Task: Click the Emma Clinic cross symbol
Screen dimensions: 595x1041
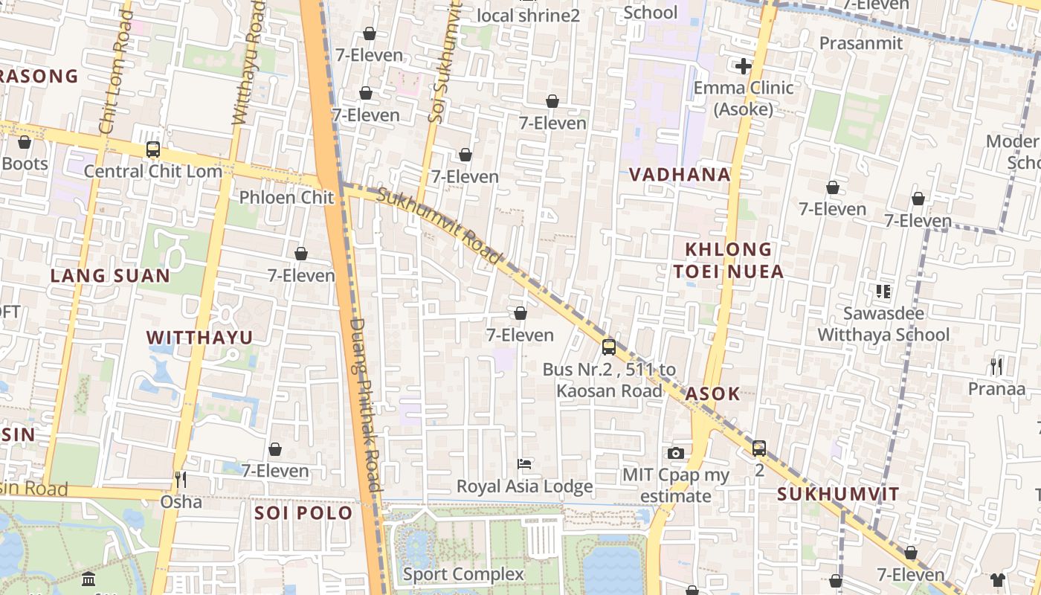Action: click(743, 66)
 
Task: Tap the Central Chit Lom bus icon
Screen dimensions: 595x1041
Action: click(153, 149)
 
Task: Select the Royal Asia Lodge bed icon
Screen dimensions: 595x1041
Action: click(524, 465)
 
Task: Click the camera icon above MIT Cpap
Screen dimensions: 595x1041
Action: click(676, 453)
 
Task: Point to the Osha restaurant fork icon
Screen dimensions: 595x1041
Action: click(179, 480)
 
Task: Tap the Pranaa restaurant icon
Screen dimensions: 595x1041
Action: click(996, 367)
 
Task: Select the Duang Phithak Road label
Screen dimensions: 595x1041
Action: click(365, 405)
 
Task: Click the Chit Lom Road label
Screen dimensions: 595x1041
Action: click(115, 74)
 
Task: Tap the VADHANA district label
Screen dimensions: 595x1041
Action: click(680, 175)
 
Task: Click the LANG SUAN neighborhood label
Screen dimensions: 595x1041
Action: click(110, 276)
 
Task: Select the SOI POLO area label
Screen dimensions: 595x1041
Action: click(303, 513)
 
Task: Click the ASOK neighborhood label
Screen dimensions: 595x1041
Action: click(712, 393)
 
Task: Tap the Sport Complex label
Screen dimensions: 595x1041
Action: click(463, 574)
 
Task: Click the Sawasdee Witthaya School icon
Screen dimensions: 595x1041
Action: click(883, 292)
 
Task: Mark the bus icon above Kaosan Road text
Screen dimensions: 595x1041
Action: click(609, 347)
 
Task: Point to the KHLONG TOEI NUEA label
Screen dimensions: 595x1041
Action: click(729, 260)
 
